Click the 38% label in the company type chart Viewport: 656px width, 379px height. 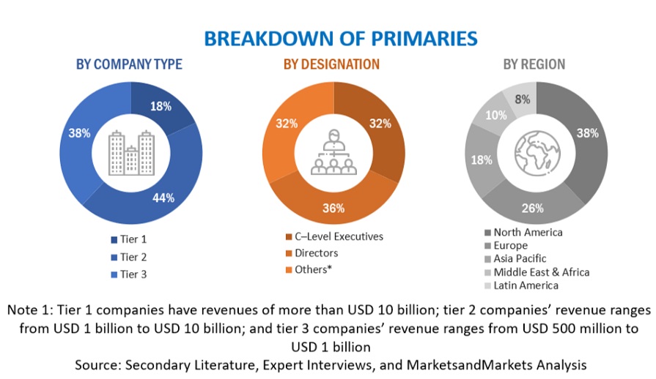click(x=79, y=133)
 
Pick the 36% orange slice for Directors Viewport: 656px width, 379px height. click(x=333, y=208)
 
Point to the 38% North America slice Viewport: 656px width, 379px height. click(x=586, y=133)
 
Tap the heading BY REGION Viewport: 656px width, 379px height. click(x=534, y=64)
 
